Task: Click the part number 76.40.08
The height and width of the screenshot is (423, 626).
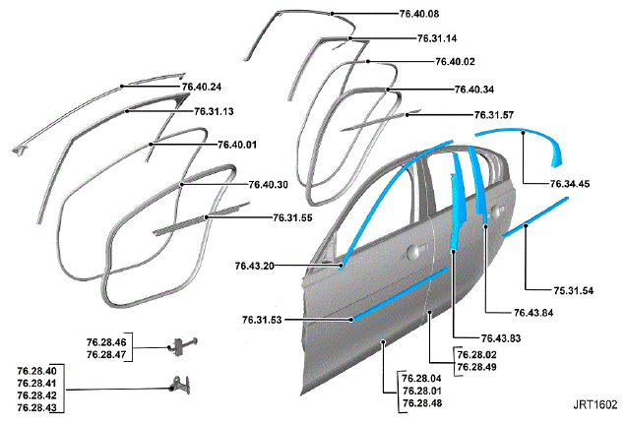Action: [419, 14]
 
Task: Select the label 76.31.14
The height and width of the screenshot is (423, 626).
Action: [437, 38]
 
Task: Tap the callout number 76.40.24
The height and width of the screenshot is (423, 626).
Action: [202, 87]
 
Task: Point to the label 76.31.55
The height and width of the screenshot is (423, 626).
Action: [292, 217]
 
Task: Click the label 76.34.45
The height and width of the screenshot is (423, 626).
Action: [570, 184]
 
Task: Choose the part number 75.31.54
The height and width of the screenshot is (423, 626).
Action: [573, 291]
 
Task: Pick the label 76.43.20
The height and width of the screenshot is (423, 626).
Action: [255, 267]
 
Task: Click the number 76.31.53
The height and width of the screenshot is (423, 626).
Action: [262, 320]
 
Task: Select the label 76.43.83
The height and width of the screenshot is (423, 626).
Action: [501, 338]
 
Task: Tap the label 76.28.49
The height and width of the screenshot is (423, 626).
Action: [476, 367]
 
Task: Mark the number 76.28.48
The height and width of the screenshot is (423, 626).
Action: [422, 403]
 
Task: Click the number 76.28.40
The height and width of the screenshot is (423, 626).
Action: [37, 371]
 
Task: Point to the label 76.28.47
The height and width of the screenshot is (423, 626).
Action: [106, 355]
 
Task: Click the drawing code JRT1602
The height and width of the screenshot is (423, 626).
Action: [595, 405]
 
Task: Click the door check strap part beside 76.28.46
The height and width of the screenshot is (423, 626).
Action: [183, 346]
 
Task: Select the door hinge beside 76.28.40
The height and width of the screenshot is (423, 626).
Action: [179, 385]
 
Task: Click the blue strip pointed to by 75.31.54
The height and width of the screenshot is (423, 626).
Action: [535, 217]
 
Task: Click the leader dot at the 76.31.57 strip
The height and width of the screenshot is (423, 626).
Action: [407, 115]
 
